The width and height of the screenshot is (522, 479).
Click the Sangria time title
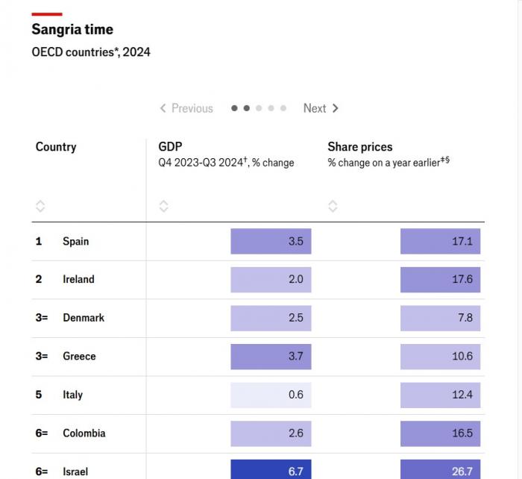[x=72, y=30]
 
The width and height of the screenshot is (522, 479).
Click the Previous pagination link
[x=186, y=108]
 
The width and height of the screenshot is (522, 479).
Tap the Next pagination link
[x=321, y=108]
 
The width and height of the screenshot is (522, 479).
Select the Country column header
[x=56, y=147]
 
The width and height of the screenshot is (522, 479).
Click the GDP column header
[x=170, y=147]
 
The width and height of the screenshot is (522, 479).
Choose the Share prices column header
[x=359, y=147]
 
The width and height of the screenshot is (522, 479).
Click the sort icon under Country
[x=40, y=206]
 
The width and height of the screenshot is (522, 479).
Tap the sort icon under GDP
[x=164, y=206]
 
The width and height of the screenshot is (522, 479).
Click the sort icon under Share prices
[x=333, y=206]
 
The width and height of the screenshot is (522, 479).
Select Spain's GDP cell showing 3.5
[x=271, y=241]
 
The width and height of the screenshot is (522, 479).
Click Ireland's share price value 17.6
[x=440, y=280]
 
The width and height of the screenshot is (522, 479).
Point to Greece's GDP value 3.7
[x=271, y=357]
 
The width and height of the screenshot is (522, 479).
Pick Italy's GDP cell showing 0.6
[x=271, y=395]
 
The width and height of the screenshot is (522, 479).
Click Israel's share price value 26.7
[x=440, y=470]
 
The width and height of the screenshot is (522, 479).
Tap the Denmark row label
[x=83, y=318]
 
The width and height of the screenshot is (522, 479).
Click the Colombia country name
[x=84, y=433]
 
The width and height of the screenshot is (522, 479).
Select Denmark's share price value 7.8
[x=440, y=318]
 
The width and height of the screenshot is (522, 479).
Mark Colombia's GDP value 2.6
[x=271, y=433]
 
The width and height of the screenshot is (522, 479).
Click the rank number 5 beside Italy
[x=39, y=395]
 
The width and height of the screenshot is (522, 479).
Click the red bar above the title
[x=46, y=13]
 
